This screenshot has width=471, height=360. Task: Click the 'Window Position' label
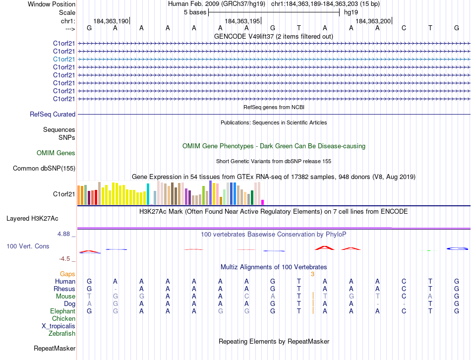point(52,4)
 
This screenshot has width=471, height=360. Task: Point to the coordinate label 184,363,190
point(111,21)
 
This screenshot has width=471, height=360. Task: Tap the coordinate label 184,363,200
point(373,21)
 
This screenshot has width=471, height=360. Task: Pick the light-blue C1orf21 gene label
point(64,59)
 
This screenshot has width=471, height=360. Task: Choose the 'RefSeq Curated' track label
point(53,114)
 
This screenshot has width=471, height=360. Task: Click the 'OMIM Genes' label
point(56,153)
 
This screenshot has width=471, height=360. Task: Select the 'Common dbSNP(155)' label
point(44,169)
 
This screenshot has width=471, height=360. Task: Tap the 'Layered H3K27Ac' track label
point(32,218)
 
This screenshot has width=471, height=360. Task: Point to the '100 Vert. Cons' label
point(28,246)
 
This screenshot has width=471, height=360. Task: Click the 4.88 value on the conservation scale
point(65,234)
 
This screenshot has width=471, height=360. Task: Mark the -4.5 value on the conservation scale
point(66,259)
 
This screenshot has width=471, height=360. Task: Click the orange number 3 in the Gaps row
point(312,274)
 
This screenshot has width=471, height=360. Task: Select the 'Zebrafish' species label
point(62,334)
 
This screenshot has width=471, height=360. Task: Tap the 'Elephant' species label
point(62,311)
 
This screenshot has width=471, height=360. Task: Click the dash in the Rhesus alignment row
point(116,289)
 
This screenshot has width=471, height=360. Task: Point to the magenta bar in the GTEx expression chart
point(263,202)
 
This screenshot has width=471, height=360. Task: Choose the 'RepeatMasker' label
point(55,349)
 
